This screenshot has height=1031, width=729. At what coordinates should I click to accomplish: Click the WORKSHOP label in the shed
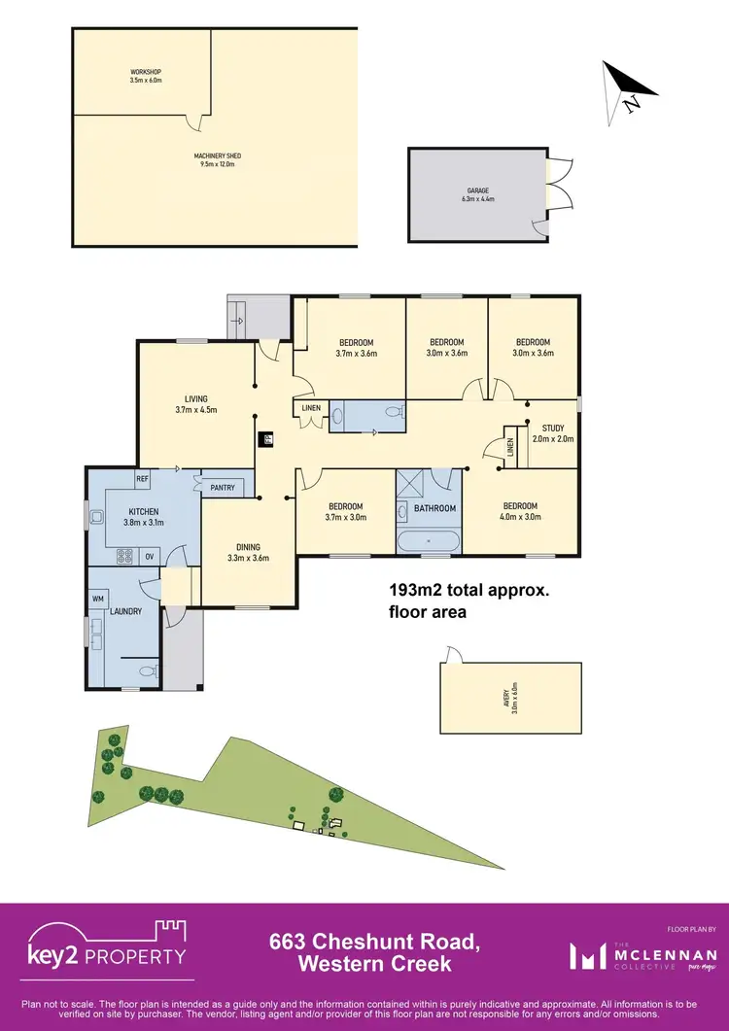[x=146, y=76]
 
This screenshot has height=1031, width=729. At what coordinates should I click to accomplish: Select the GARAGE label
[x=477, y=194]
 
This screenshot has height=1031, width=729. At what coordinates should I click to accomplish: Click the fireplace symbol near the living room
[x=266, y=438]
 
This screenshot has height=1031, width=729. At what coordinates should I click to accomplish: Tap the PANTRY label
[x=222, y=488]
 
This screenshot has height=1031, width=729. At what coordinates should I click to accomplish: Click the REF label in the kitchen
[x=142, y=479]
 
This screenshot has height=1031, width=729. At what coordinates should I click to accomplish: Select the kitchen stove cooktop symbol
[x=125, y=557]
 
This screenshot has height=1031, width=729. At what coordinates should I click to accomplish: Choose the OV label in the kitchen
[x=150, y=557]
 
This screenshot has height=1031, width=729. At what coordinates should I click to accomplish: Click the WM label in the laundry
[x=98, y=600]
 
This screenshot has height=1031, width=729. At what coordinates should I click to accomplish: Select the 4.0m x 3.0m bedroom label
[x=520, y=511]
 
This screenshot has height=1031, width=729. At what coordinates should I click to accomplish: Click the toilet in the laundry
[x=145, y=670]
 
